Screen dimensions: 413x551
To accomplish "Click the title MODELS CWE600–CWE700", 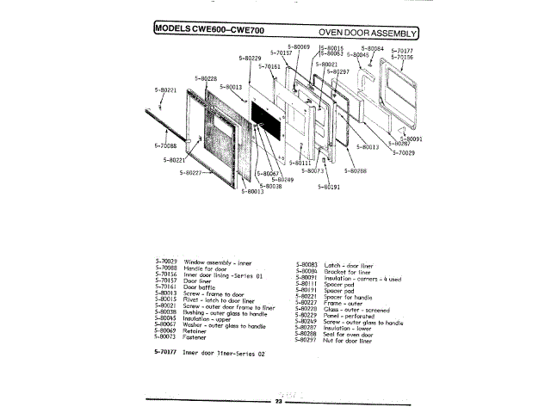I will pyautogui.click(x=208, y=31).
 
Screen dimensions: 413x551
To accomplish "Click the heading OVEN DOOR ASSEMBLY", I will pyautogui.click(x=372, y=32).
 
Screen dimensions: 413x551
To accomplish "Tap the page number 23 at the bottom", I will pyautogui.click(x=277, y=401).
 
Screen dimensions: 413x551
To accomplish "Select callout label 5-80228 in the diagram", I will pyautogui.click(x=205, y=78).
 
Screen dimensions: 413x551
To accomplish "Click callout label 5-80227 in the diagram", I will pyautogui.click(x=191, y=172).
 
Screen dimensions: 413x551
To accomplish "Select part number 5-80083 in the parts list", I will pyautogui.click(x=306, y=264).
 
